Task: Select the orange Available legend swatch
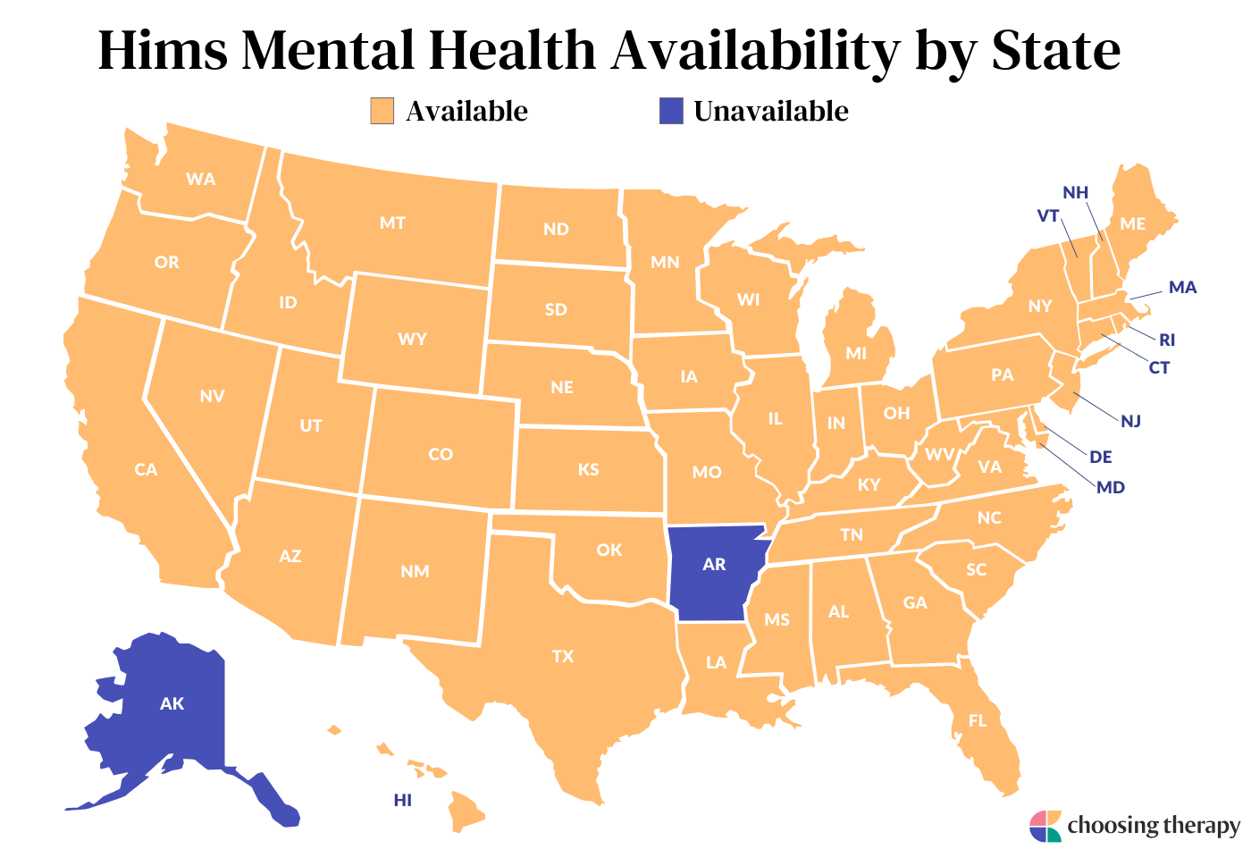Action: coord(382,111)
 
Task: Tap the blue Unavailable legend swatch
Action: coord(670,111)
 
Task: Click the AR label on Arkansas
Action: coord(714,565)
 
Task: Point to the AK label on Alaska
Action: coord(172,704)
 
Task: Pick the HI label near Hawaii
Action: coord(403,800)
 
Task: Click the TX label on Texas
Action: coord(563,657)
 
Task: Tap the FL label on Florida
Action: coord(978,720)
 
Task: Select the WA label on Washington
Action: coord(201,179)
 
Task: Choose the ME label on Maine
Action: coord(1132,223)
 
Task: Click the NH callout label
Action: coord(1075,193)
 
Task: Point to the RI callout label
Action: coord(1167,340)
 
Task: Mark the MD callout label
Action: coord(1111,487)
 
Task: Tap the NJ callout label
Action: coord(1131,421)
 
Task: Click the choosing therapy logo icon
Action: coord(1045,826)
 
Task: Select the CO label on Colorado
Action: coord(441,454)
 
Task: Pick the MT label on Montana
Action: coord(392,223)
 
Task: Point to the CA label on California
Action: coord(146,469)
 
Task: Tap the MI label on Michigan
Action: coord(856,353)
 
